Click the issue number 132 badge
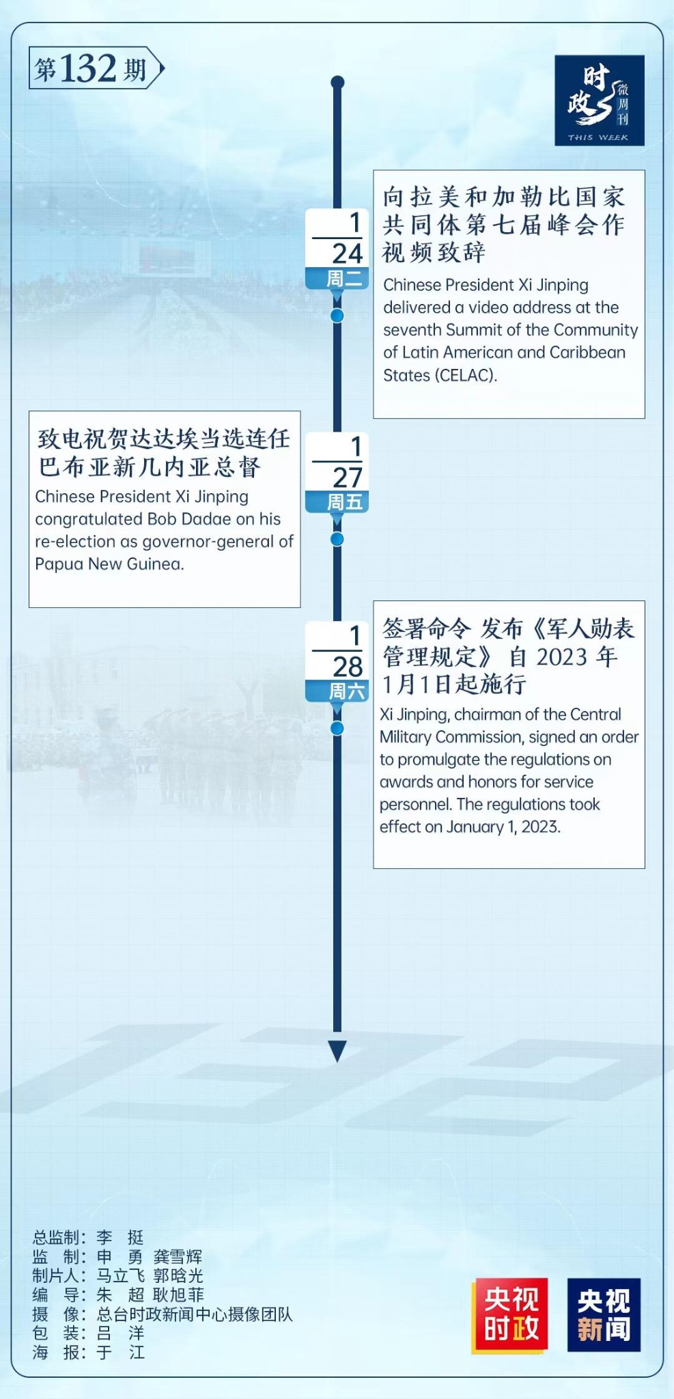[x=96, y=68]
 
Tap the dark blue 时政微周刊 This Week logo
[x=599, y=100]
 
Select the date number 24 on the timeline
[x=347, y=253]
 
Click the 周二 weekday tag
[x=343, y=278]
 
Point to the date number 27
[x=347, y=477]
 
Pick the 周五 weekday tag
[x=344, y=502]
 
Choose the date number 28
[x=347, y=666]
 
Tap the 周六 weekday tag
[x=347, y=691]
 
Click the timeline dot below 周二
[x=337, y=316]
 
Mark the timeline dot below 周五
[x=337, y=539]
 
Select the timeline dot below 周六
[x=337, y=728]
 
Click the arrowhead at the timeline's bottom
[x=337, y=1051]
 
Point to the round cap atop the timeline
[x=337, y=83]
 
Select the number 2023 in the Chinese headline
[x=561, y=656]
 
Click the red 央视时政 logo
[x=509, y=1315]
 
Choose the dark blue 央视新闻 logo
[x=604, y=1315]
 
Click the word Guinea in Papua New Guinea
[x=158, y=564]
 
